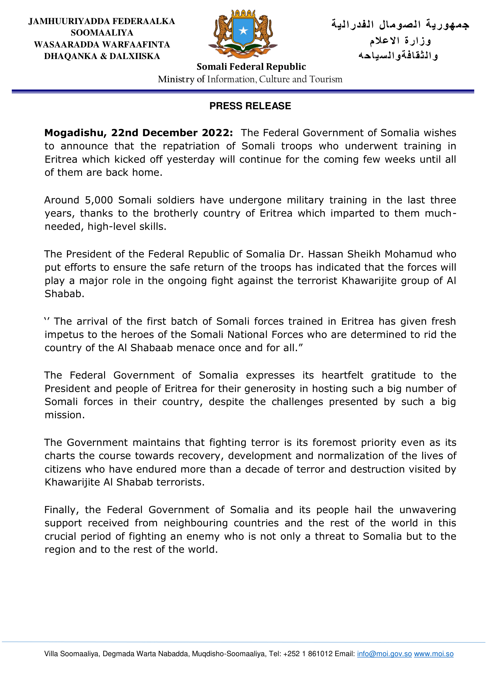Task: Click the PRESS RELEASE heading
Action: pos(250,106)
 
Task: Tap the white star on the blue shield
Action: pos(243,31)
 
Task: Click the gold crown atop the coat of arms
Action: pos(243,14)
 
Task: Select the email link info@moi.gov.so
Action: pos(384,654)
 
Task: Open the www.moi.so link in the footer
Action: pos(434,654)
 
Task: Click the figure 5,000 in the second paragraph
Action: pos(99,200)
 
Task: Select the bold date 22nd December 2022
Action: pos(172,132)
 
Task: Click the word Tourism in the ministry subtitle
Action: pos(326,79)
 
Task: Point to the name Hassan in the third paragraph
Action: pos(325,254)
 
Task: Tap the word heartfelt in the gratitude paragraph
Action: pos(342,375)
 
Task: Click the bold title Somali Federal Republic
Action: pos(251,67)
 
